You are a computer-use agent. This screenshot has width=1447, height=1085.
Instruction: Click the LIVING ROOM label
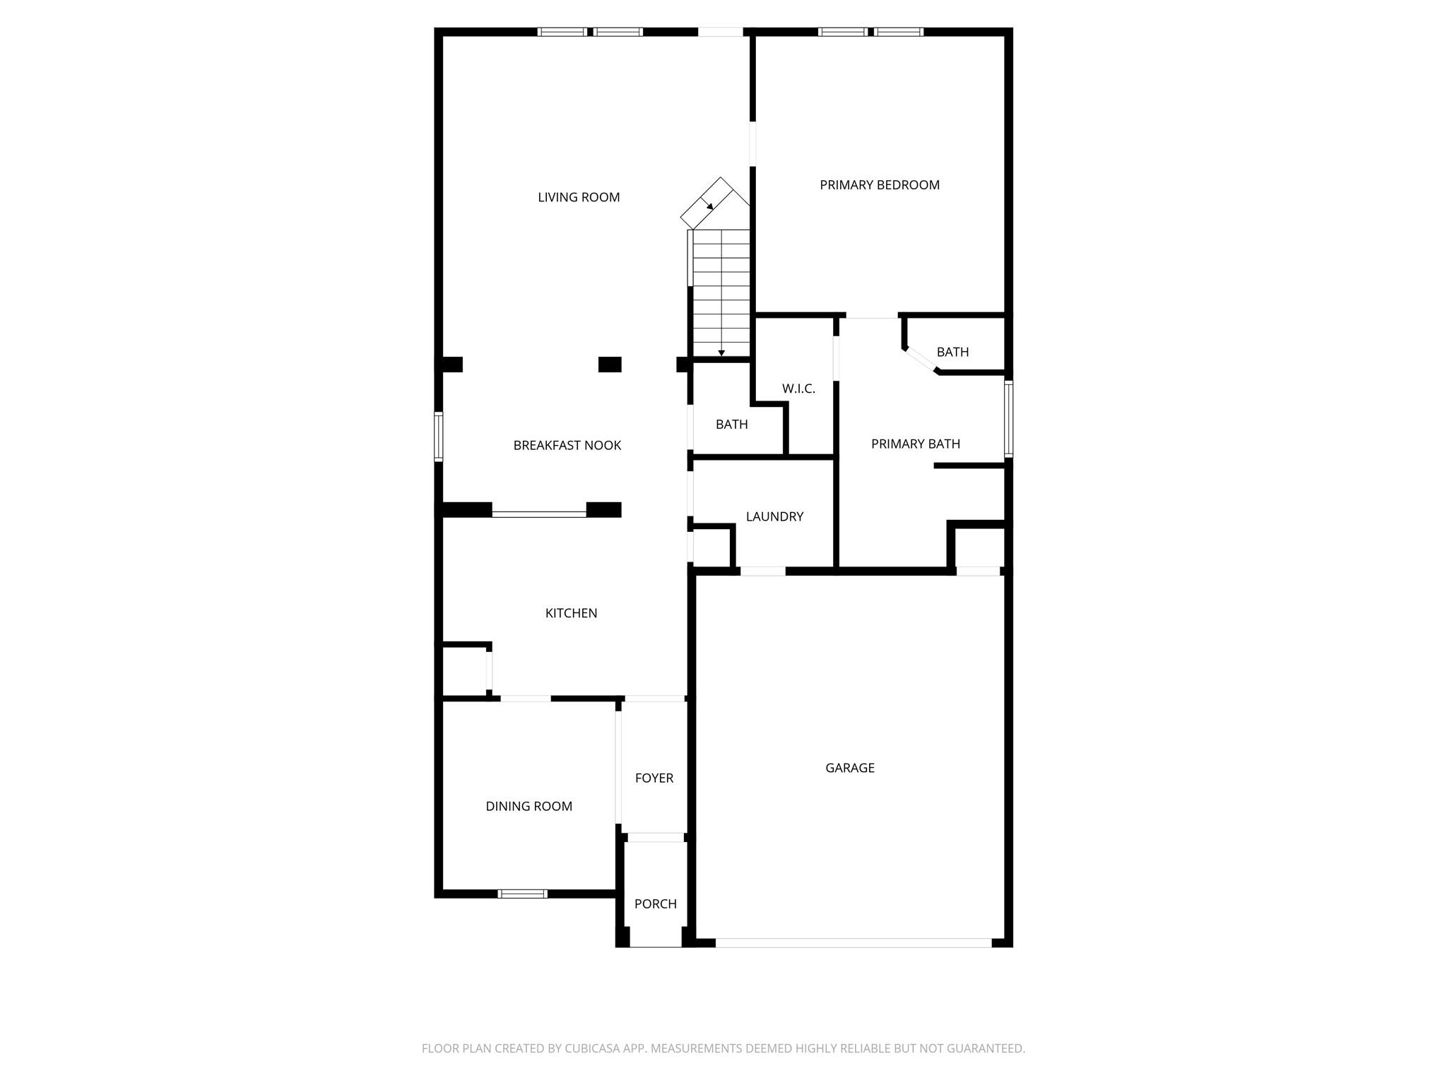coord(579,198)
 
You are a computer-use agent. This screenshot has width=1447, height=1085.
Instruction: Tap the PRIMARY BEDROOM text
coord(879,185)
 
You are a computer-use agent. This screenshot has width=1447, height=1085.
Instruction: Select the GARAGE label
coord(849,768)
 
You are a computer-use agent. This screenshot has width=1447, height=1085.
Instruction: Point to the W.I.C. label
coord(798,389)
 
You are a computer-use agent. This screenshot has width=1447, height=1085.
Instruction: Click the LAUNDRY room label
coord(774,516)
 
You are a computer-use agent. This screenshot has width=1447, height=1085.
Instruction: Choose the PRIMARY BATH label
coord(915,444)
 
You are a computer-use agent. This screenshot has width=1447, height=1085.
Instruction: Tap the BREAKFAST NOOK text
coord(567,445)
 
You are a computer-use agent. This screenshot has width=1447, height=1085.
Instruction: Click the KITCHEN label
coord(571,613)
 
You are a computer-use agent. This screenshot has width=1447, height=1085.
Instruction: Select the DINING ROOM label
coord(528,806)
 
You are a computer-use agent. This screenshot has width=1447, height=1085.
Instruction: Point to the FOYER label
coord(654,778)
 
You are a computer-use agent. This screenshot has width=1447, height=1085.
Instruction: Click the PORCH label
coord(655,903)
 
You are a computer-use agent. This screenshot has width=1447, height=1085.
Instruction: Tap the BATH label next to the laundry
coord(731,424)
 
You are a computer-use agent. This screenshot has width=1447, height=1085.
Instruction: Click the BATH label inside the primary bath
coord(952,352)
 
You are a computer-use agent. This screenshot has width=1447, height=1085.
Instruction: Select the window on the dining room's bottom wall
coord(522,894)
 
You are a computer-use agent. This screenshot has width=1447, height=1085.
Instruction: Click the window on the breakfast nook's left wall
coord(439,437)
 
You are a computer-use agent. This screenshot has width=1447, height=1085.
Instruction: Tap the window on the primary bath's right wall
coord(1008,419)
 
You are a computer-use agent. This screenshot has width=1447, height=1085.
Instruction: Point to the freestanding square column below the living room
coord(610,364)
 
